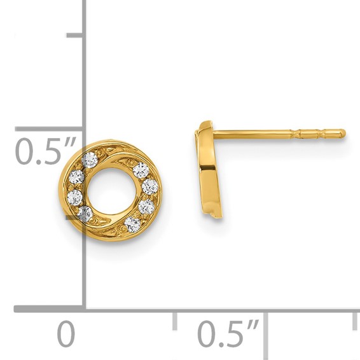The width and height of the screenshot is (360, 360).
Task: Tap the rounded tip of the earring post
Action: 342,133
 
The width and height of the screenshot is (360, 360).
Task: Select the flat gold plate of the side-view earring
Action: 209,169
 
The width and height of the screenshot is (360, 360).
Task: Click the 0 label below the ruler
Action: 66,333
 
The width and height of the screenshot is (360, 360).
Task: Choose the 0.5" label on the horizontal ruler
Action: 228,333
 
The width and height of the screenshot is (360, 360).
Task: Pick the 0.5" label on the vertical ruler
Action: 45,151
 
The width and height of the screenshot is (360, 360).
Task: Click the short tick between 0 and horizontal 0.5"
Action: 175,321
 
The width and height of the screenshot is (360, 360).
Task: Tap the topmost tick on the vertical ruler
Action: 75,35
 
